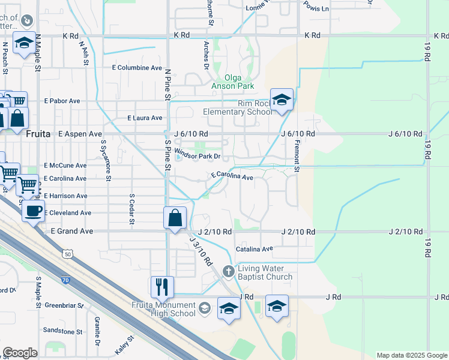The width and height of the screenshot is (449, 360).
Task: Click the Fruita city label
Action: click(x=40, y=134)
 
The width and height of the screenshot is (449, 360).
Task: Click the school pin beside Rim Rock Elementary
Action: click(x=281, y=100)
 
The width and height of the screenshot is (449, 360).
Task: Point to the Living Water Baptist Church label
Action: click(x=265, y=272)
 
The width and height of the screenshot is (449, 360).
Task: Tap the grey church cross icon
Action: click(x=228, y=271)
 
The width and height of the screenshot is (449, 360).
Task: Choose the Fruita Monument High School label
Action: click(x=164, y=308)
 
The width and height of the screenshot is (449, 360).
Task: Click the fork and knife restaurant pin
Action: click(x=162, y=287)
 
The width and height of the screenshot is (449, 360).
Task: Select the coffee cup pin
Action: click(x=34, y=211)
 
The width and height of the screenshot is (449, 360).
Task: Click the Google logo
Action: click(x=20, y=353)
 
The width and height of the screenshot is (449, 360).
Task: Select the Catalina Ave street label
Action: click(x=254, y=248)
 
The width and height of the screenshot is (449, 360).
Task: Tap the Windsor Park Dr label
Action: click(x=198, y=157)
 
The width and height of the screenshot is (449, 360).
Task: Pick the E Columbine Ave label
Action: click(x=137, y=68)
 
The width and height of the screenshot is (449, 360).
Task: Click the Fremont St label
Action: click(x=297, y=153)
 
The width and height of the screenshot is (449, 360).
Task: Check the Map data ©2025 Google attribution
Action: click(x=412, y=355)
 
